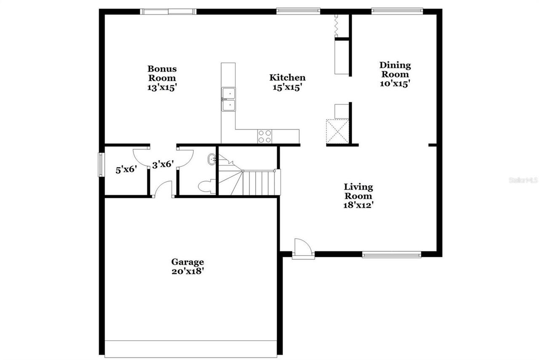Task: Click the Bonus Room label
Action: tap(162, 78)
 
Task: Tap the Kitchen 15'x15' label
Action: tap(288, 82)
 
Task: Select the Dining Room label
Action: tap(395, 74)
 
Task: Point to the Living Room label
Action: tap(358, 196)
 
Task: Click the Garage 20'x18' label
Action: tap(188, 267)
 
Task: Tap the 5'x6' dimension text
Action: tap(127, 170)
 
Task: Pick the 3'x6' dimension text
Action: tap(163, 165)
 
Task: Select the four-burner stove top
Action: tap(265, 136)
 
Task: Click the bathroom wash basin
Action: tap(212, 160)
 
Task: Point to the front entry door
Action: tap(303, 249)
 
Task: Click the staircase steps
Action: tap(259, 182)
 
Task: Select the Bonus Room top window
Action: tap(168, 11)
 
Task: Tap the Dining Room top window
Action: tap(397, 11)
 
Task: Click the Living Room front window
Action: tap(392, 254)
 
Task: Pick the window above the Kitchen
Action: tap(298, 11)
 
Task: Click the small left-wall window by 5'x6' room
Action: tap(101, 164)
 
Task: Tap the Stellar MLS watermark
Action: tap(523, 180)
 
